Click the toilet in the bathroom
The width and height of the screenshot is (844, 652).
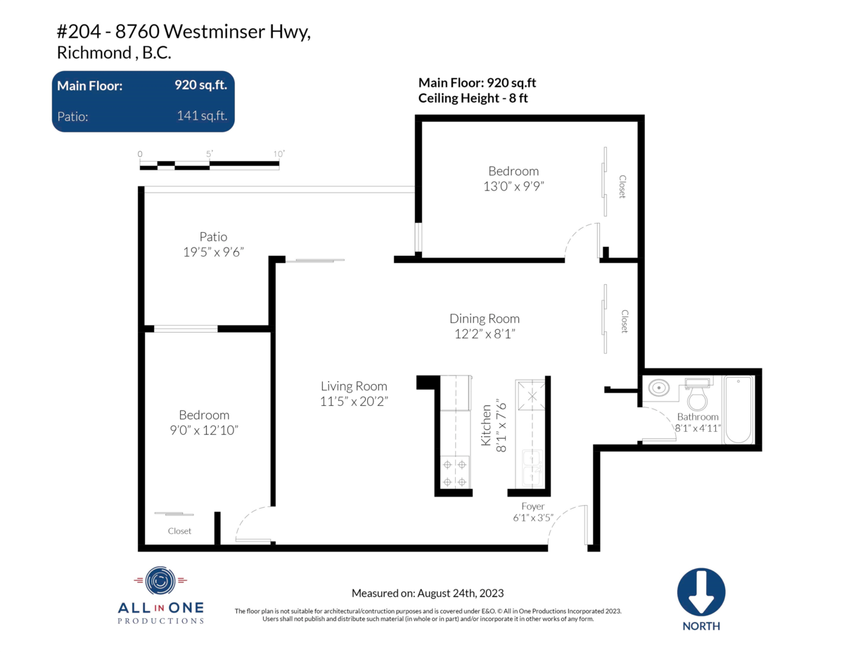697,394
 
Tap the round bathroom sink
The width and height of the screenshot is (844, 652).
658,388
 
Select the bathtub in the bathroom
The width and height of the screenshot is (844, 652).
738,409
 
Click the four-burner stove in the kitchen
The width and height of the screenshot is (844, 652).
454,472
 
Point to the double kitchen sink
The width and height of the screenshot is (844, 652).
532,468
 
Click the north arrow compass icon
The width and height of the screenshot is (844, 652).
701,593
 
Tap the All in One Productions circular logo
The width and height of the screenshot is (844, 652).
160,581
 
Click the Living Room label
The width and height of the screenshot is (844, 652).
354,386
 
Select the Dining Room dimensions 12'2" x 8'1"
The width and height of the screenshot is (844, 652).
485,333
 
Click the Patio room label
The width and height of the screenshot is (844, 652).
213,236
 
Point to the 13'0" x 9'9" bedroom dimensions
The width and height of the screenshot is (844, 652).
513,186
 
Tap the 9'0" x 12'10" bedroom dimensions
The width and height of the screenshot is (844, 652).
204,430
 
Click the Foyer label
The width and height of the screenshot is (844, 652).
533,506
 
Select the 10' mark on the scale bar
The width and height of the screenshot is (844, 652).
279,154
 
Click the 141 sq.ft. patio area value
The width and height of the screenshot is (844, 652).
202,115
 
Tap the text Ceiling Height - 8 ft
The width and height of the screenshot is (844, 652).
473,98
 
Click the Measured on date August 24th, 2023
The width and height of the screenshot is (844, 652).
460,593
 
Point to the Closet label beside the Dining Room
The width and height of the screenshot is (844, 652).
625,321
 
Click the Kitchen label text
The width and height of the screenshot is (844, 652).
486,426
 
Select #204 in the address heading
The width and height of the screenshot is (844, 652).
79,32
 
